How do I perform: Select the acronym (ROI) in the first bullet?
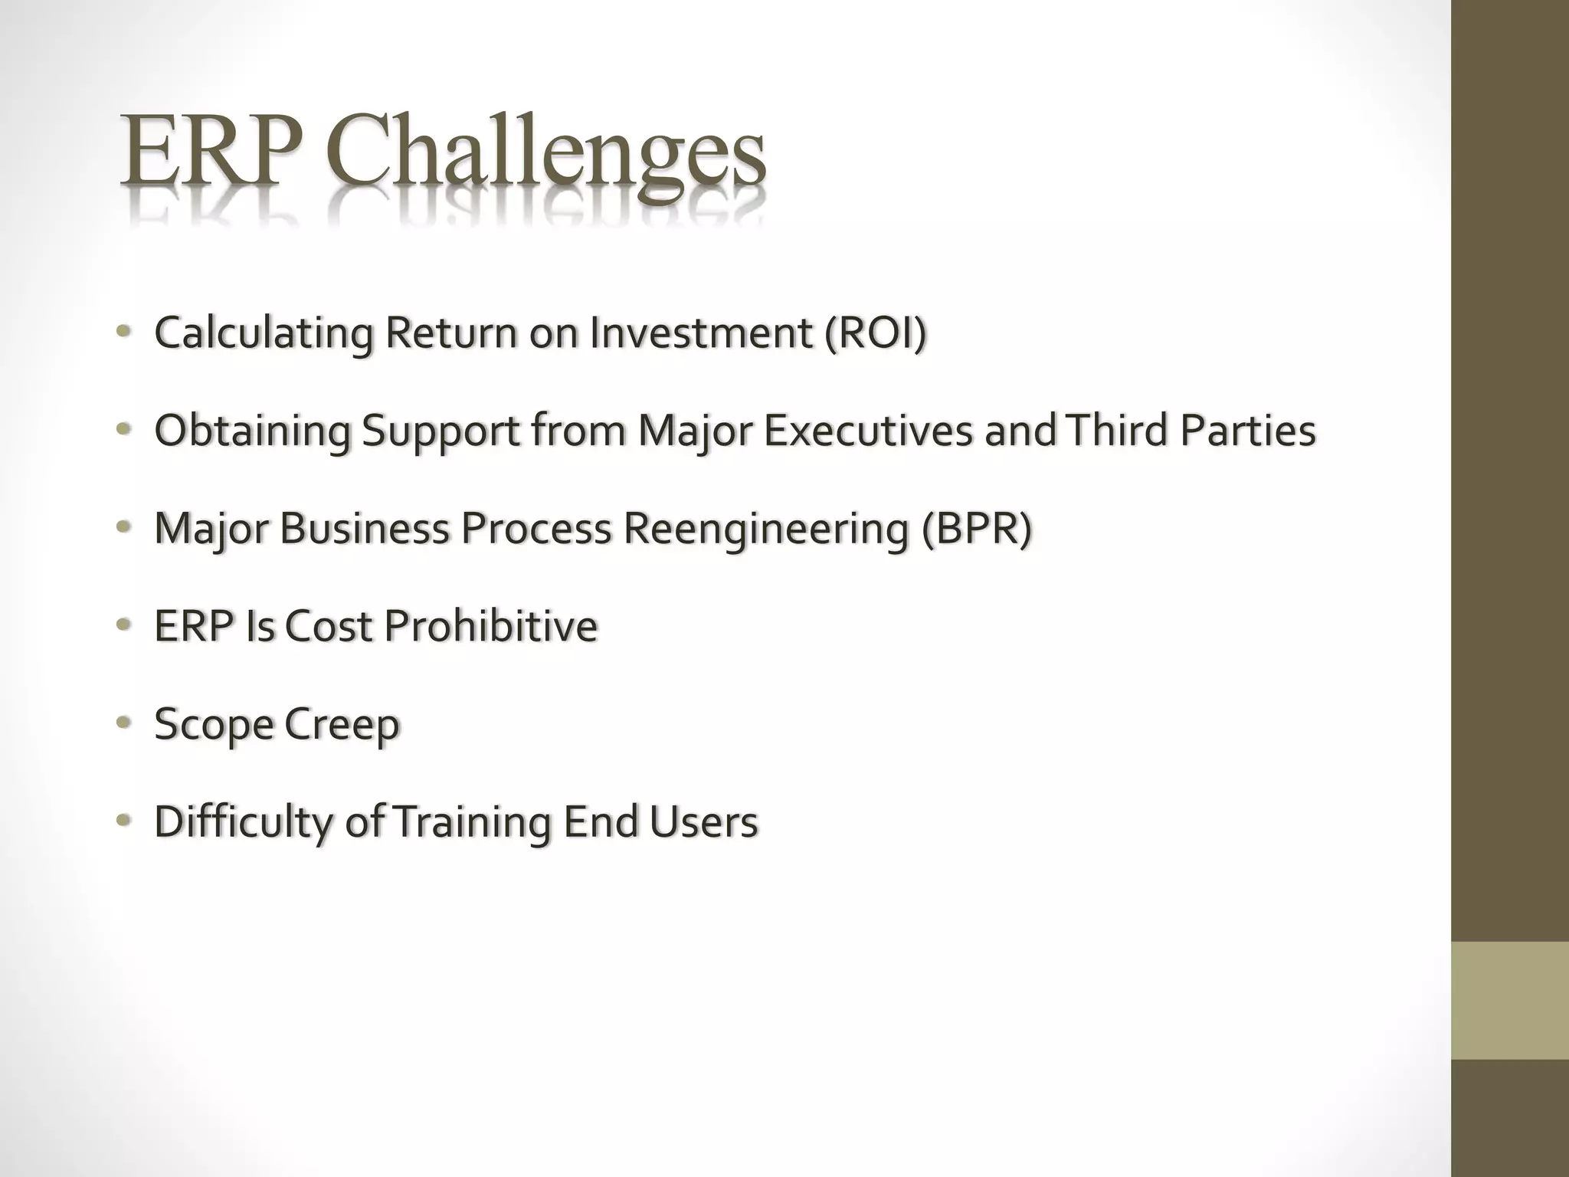(x=875, y=333)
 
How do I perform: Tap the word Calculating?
(x=264, y=334)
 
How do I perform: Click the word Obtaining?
(x=252, y=431)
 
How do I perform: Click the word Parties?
(x=1247, y=430)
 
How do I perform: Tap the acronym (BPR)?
(x=977, y=528)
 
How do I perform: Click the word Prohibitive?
(x=490, y=625)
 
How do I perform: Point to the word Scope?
(x=213, y=725)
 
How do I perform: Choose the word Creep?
(x=342, y=725)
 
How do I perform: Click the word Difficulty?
(x=244, y=822)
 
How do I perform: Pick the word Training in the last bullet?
(x=472, y=822)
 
